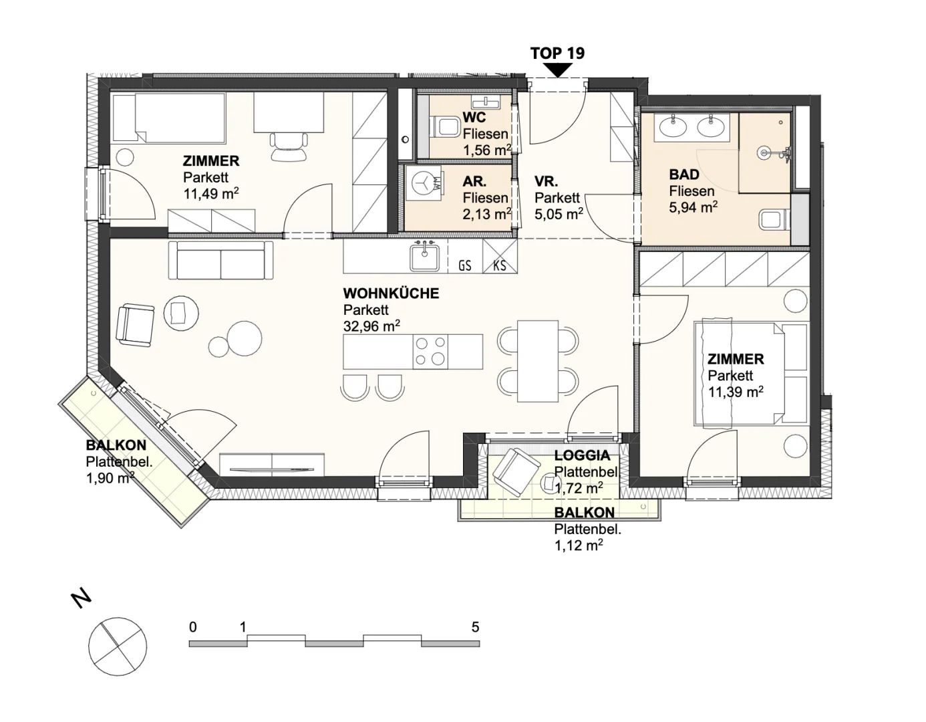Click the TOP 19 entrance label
point(557,53)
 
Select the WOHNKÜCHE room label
point(391,293)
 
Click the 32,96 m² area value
point(371,326)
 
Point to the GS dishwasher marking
point(465,265)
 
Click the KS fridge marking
point(500,265)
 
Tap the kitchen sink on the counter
point(424,257)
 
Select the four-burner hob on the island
point(430,352)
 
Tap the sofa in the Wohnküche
point(220,260)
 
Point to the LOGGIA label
point(582,456)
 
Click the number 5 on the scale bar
point(476,627)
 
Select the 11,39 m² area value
point(736,392)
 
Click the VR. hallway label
point(547,182)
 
